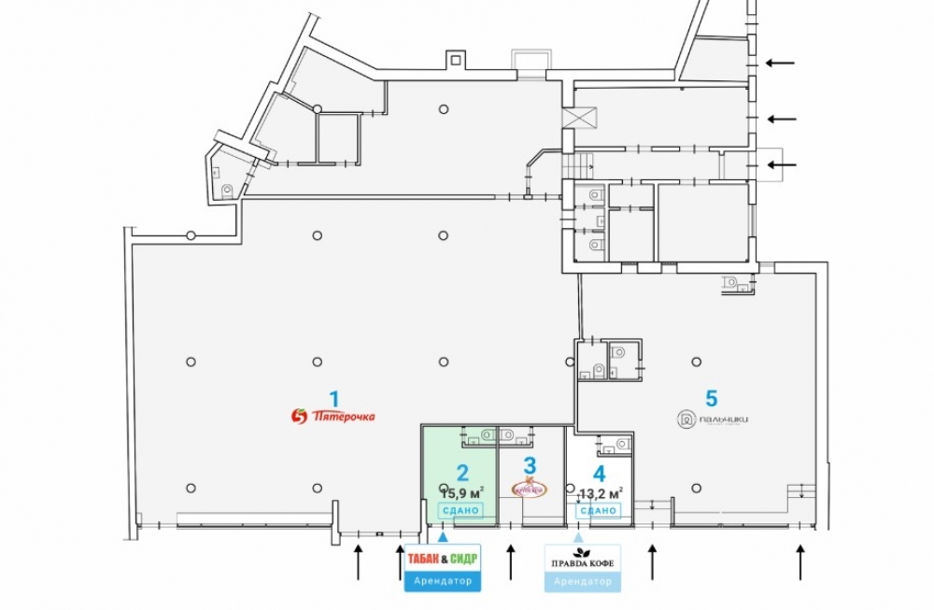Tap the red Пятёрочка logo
click(x=333, y=416)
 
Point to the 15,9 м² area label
click(x=461, y=492)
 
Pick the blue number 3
click(x=530, y=464)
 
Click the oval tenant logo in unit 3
click(x=529, y=488)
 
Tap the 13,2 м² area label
click(x=601, y=492)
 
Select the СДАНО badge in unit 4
click(x=598, y=510)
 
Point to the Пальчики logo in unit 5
click(x=714, y=420)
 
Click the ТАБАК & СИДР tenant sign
click(x=443, y=559)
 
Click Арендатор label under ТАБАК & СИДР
click(x=443, y=581)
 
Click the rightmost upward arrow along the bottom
click(x=800, y=562)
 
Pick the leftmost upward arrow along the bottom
click(x=358, y=562)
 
